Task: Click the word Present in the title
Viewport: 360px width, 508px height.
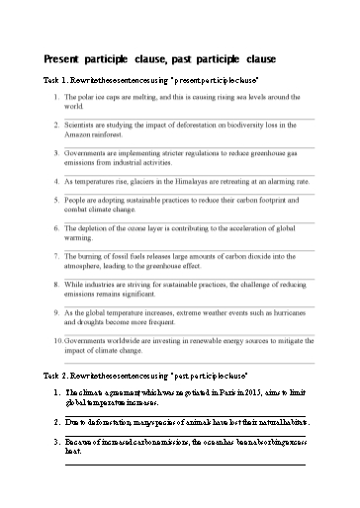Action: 64,58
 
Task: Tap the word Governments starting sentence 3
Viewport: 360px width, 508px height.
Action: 88,155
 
